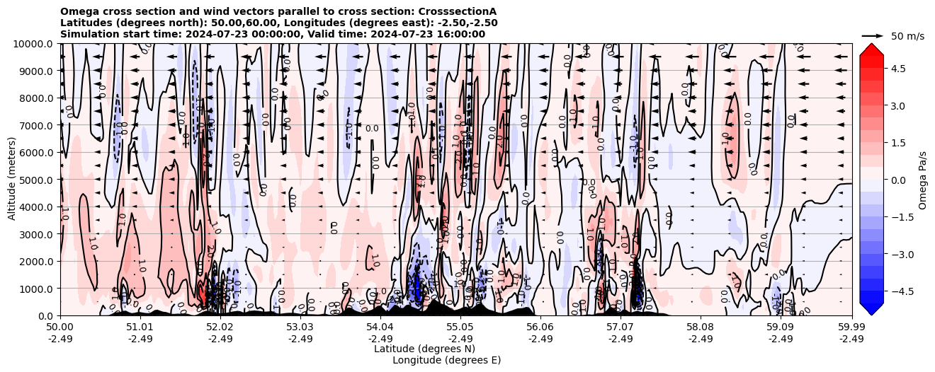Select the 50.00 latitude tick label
60,327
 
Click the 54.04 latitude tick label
380,327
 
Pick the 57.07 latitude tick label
620,327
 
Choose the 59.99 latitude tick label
851,327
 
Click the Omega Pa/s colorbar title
923,180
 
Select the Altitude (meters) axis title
12,180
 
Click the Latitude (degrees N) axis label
424,349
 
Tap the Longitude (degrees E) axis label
447,360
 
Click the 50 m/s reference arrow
873,35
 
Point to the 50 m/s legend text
907,36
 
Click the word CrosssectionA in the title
457,12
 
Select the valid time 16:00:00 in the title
460,34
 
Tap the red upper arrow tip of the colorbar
872,48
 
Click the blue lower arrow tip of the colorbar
872,310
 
